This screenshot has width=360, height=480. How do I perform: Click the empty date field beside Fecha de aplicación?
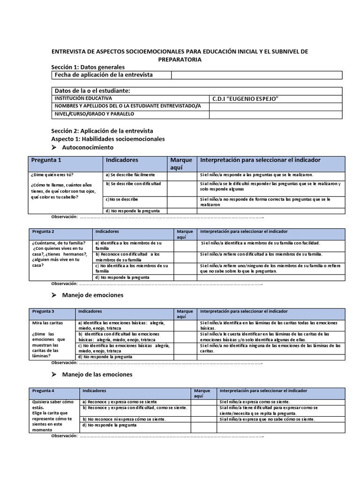coord(256,75)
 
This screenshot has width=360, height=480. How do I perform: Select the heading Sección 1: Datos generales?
coord(88,67)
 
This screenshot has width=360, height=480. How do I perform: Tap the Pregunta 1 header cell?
coord(46,160)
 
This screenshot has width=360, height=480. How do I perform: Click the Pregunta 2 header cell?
coord(44,232)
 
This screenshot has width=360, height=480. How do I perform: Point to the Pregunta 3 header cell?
coord(44,311)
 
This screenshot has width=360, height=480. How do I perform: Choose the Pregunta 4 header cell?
coord(44,390)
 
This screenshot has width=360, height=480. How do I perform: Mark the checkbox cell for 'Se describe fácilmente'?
coord(182,175)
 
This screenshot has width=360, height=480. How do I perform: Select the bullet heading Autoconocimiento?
coord(88,147)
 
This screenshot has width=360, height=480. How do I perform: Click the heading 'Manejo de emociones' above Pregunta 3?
coord(92,295)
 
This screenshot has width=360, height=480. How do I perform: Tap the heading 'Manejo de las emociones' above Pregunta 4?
coord(97,375)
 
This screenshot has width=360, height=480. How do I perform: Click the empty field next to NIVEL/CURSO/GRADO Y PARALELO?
coord(275,114)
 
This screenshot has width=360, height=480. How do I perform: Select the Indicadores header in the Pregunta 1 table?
coord(122,160)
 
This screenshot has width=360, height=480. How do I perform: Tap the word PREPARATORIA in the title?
coord(180,60)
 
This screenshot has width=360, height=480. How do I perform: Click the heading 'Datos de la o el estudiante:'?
coord(92,90)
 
